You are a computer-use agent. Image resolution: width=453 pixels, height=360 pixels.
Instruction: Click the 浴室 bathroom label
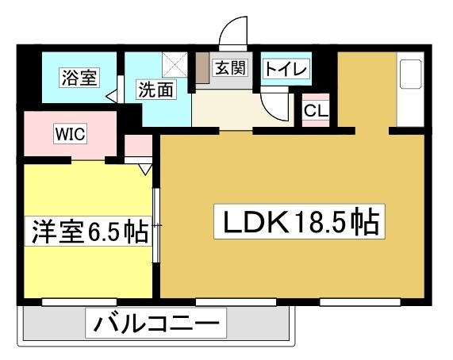click(x=80, y=78)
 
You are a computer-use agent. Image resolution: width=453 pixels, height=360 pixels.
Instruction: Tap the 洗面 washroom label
click(x=156, y=90)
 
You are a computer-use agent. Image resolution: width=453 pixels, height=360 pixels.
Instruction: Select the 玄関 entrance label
click(x=231, y=68)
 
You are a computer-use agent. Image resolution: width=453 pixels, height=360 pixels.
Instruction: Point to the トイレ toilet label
click(x=286, y=69)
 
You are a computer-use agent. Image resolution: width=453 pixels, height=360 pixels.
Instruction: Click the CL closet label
click(x=316, y=110)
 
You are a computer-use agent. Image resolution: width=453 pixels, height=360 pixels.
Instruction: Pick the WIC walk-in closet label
click(x=70, y=134)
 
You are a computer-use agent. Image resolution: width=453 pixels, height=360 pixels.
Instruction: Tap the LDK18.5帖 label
click(x=299, y=222)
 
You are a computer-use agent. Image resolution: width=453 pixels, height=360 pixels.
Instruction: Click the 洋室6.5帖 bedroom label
click(x=88, y=232)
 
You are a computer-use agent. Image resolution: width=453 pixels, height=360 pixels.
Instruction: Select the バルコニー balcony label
click(x=156, y=323)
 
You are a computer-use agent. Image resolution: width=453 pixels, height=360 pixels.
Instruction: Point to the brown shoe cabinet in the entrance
click(x=202, y=67)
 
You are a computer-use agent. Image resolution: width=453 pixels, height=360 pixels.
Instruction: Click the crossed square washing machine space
click(x=175, y=64)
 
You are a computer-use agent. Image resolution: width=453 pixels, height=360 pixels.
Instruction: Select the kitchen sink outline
click(x=410, y=75)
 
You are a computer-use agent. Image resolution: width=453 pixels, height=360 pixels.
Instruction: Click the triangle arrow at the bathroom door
click(x=112, y=97)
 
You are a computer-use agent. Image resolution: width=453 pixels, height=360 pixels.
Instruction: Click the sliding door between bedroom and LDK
click(x=156, y=225)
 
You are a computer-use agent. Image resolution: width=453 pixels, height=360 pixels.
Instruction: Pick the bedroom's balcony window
click(x=79, y=302)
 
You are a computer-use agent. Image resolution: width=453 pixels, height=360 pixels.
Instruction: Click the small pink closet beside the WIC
click(x=138, y=146)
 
